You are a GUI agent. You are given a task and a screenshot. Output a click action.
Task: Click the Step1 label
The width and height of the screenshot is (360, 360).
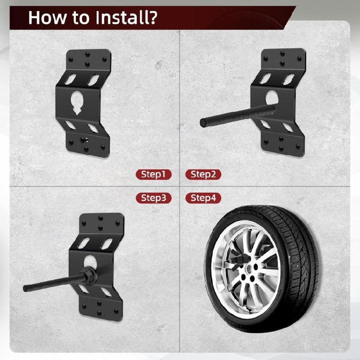[153, 174]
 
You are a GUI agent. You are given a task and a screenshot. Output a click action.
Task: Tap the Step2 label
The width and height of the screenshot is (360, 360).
[203, 174]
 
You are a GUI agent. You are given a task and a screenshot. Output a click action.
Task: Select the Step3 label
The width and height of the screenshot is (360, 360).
[153, 198]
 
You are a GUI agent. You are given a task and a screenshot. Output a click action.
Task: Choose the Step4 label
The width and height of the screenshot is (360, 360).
[203, 198]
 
